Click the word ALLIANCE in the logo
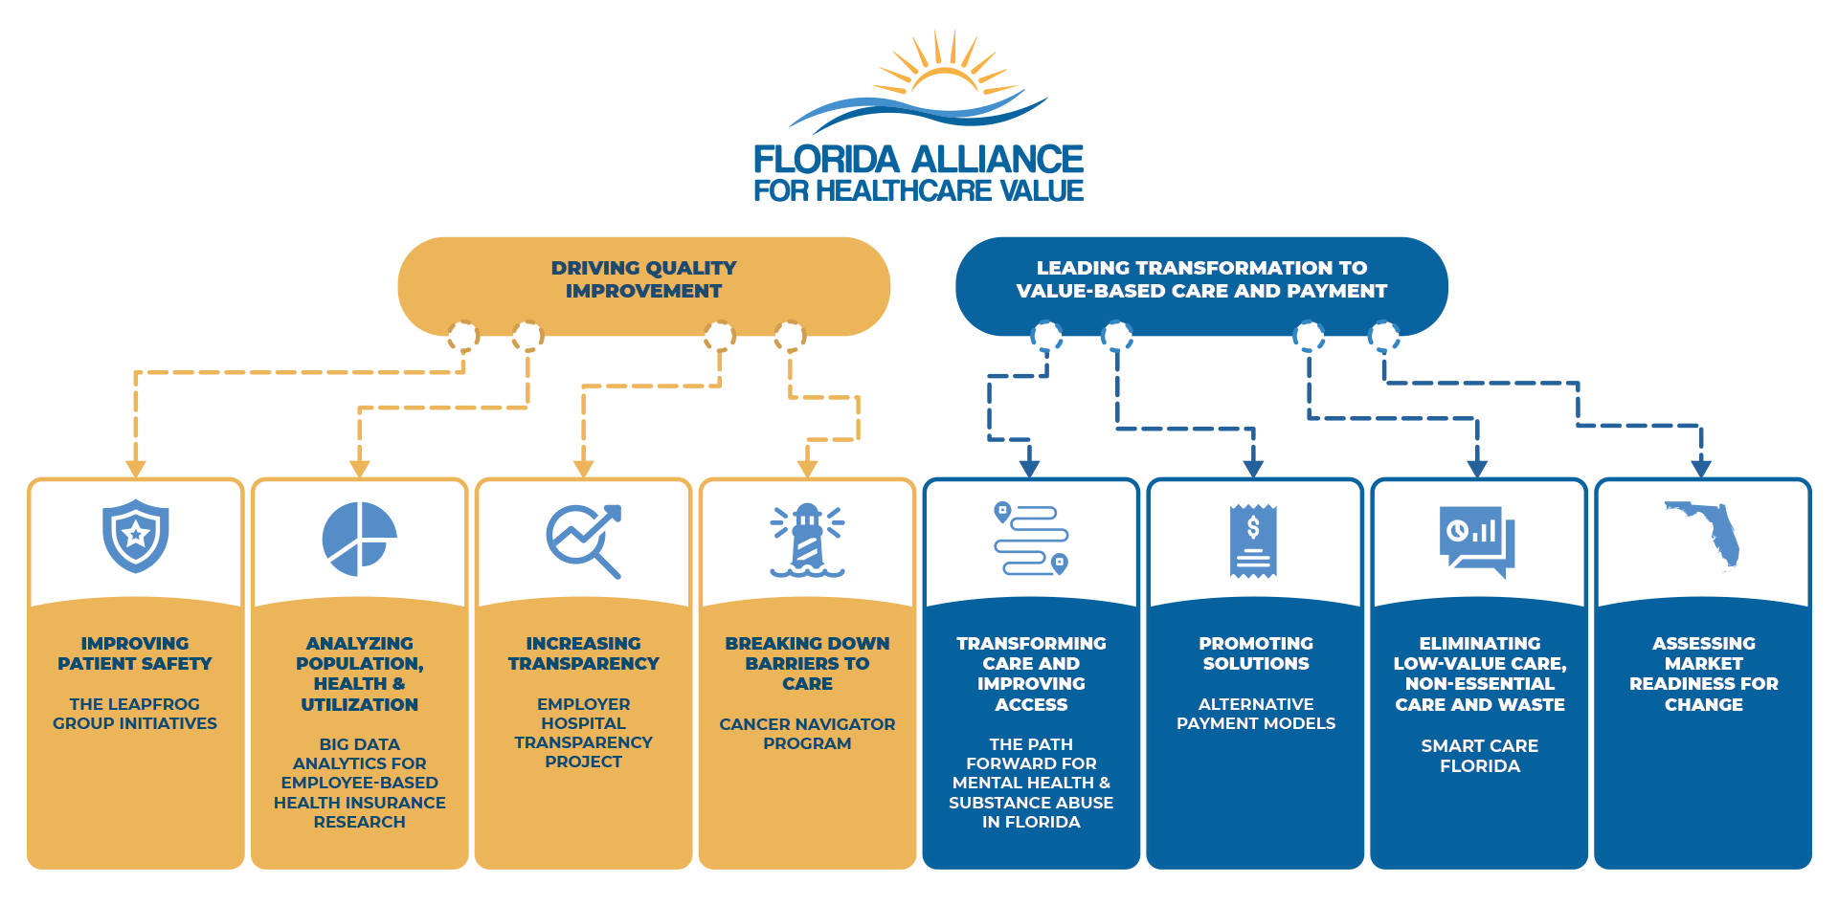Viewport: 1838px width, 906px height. (x=997, y=159)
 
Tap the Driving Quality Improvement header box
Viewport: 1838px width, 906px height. (x=643, y=286)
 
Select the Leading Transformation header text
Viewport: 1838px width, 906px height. (x=1201, y=279)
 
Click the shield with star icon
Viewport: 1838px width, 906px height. (x=136, y=536)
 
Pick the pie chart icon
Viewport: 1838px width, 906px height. (x=359, y=539)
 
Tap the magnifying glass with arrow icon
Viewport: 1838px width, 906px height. (x=584, y=541)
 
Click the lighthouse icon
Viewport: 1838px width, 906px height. (x=807, y=541)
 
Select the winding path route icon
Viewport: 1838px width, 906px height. (x=1031, y=539)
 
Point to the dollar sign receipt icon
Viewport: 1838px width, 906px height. (x=1253, y=541)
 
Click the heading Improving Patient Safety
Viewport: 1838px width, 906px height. (x=135, y=653)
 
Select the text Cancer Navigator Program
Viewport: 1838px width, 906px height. (x=807, y=734)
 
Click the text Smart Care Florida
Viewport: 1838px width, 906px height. (x=1480, y=756)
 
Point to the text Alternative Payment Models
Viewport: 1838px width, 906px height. (x=1256, y=714)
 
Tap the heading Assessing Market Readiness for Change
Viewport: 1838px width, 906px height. (x=1704, y=674)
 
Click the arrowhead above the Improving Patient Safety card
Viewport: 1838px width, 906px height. (x=136, y=469)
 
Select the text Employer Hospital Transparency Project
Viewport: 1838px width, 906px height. (x=583, y=733)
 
